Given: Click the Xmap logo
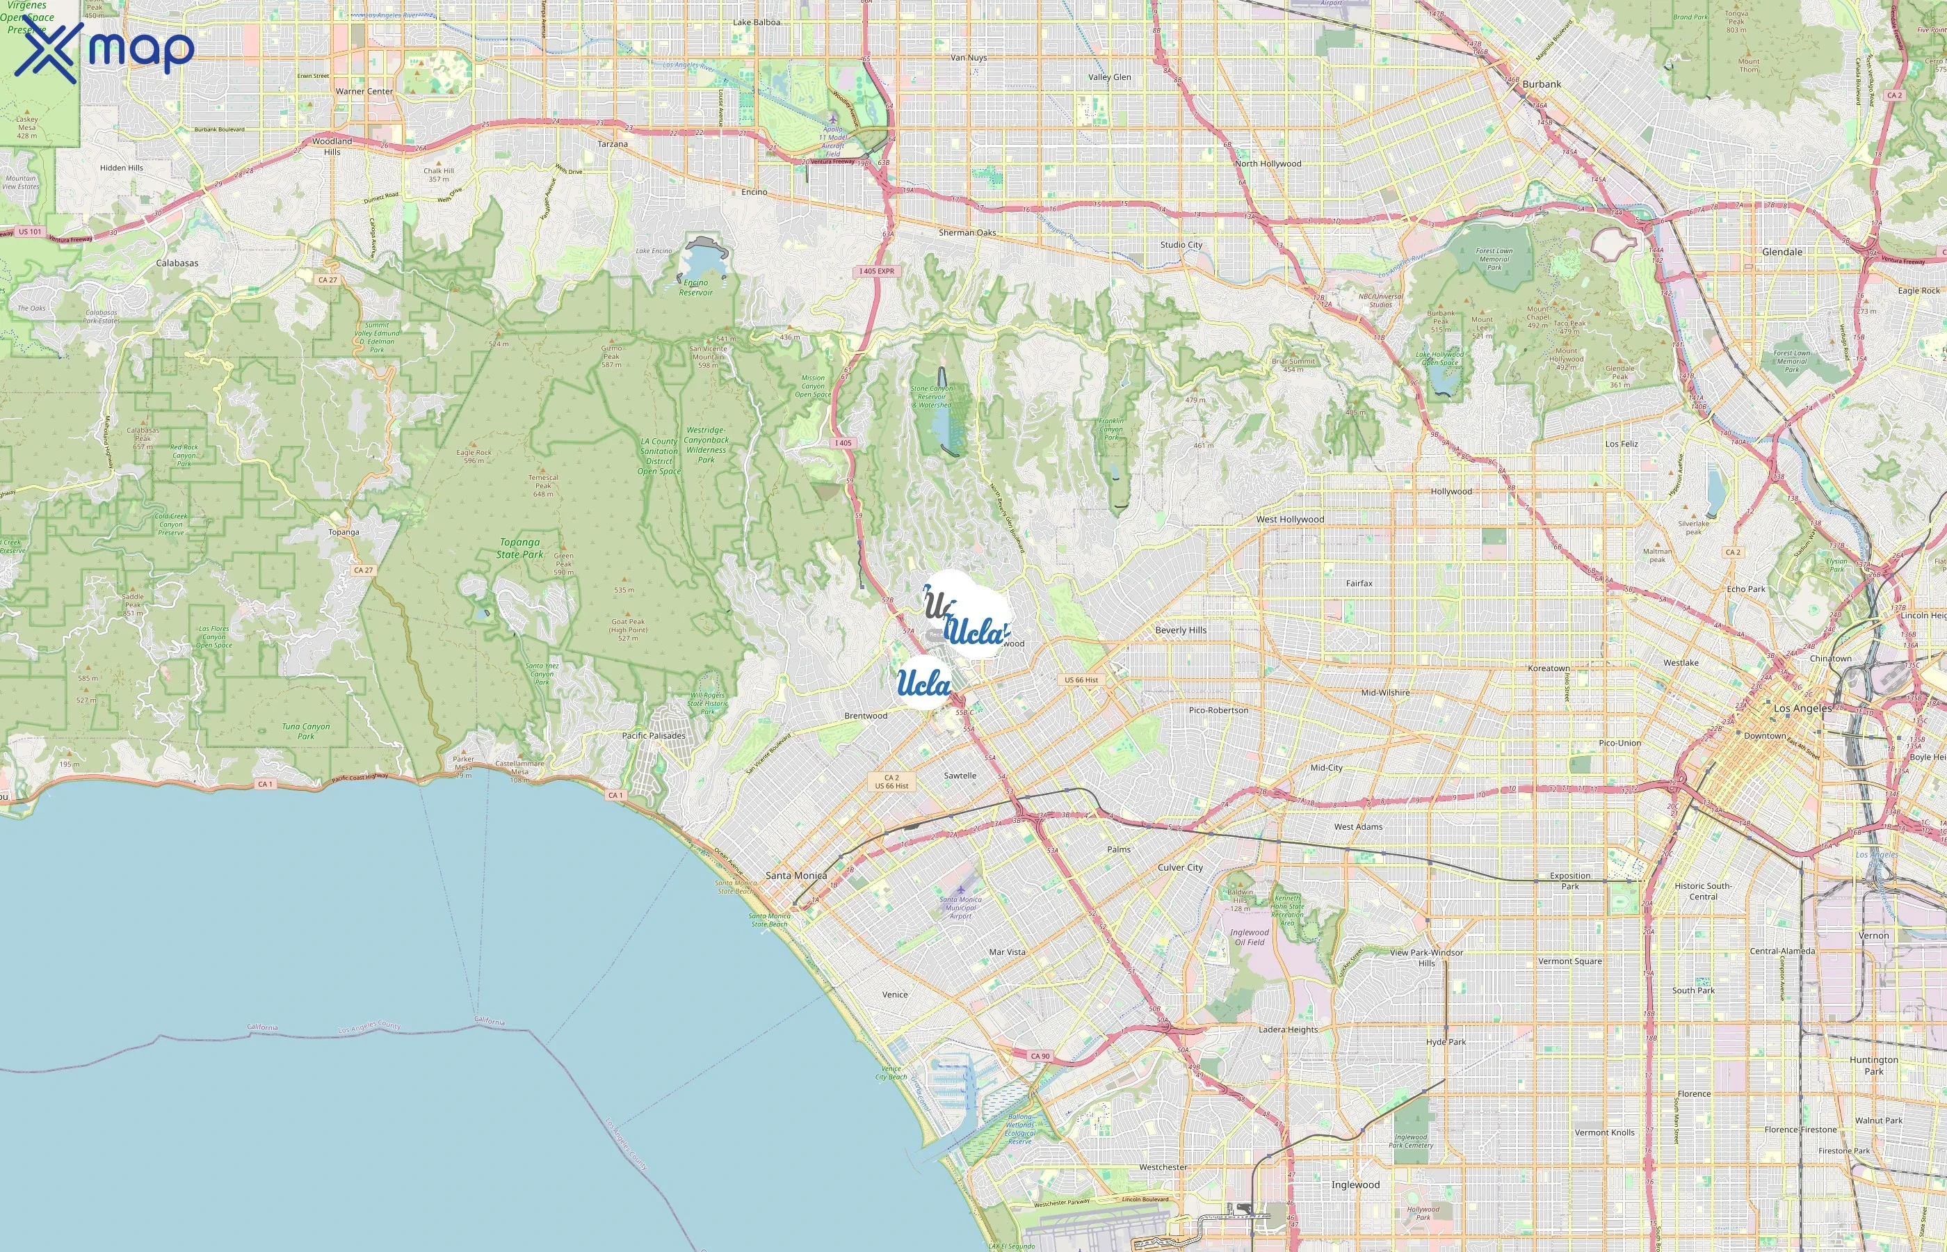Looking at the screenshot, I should [x=104, y=50].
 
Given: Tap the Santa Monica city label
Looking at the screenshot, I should [x=795, y=876].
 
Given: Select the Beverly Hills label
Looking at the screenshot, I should [x=1180, y=630].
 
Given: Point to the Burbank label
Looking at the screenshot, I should [x=1541, y=83].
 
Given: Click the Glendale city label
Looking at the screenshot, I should [x=1782, y=252].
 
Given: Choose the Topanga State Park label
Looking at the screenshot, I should [x=520, y=548].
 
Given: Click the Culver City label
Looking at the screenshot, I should [x=1180, y=867].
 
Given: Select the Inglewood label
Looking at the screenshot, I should [x=1355, y=1185].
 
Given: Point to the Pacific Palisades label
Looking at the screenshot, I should [x=654, y=736].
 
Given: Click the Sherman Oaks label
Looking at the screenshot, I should [x=967, y=232].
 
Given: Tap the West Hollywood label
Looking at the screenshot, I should [x=1290, y=520].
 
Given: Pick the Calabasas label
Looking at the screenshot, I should [x=177, y=264].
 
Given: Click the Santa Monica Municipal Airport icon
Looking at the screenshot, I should [x=960, y=890].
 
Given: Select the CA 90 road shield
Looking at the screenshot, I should [x=1040, y=1056].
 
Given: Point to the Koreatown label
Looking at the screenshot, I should [x=1548, y=668].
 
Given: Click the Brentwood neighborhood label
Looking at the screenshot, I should [x=866, y=716].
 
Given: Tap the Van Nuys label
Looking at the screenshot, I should [x=969, y=58].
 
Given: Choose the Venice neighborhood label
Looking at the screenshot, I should [x=895, y=994].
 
